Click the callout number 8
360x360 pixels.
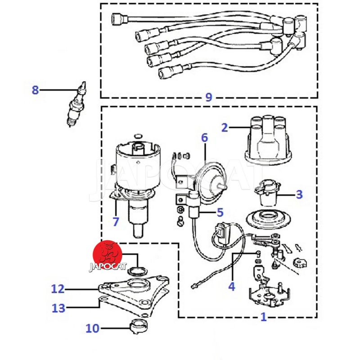pyautogui.click(x=35, y=90)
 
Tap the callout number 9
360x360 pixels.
pyautogui.click(x=208, y=97)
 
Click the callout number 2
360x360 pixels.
pyautogui.click(x=225, y=127)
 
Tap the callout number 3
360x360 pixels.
pyautogui.click(x=299, y=194)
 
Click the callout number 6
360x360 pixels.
pyautogui.click(x=205, y=137)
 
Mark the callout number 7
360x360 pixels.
pyautogui.click(x=116, y=221)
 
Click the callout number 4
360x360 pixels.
pyautogui.click(x=231, y=286)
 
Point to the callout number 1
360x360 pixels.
pyautogui.click(x=264, y=317)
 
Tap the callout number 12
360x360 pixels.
pyautogui.click(x=58, y=289)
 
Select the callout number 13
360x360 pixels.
pyautogui.click(x=58, y=308)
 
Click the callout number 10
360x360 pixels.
pyautogui.click(x=92, y=328)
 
